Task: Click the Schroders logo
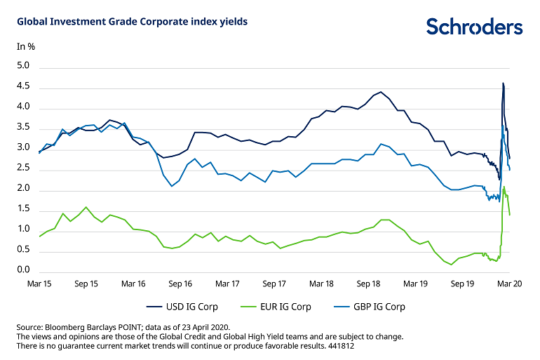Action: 474,27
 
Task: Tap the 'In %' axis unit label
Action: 26,46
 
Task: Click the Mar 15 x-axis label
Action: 39,284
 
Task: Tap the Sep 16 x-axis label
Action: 180,284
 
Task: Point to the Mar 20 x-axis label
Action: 508,284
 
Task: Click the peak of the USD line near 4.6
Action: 503,84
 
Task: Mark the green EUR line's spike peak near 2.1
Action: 504,187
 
